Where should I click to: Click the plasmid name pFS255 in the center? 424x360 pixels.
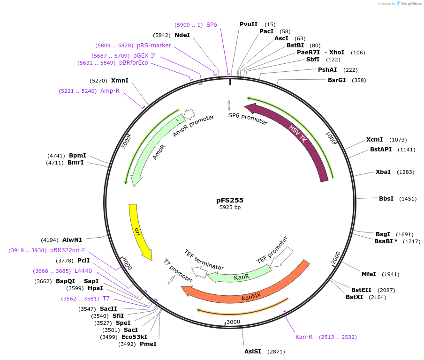230,200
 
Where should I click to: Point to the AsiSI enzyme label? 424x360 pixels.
252,351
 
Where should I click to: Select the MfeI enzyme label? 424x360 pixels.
369,274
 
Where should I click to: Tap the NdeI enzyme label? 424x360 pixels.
182,35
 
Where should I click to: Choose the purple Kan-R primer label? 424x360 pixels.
304,337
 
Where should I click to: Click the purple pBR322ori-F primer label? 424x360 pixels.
68,250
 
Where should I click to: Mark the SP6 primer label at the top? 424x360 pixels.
212,24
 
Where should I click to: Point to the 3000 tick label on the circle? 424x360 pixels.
233,322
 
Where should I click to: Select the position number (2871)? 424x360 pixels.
276,351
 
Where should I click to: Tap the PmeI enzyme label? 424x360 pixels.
148,344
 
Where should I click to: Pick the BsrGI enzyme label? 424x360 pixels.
337,80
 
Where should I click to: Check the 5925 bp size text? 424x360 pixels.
230,207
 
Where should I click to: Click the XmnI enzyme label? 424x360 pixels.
120,80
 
